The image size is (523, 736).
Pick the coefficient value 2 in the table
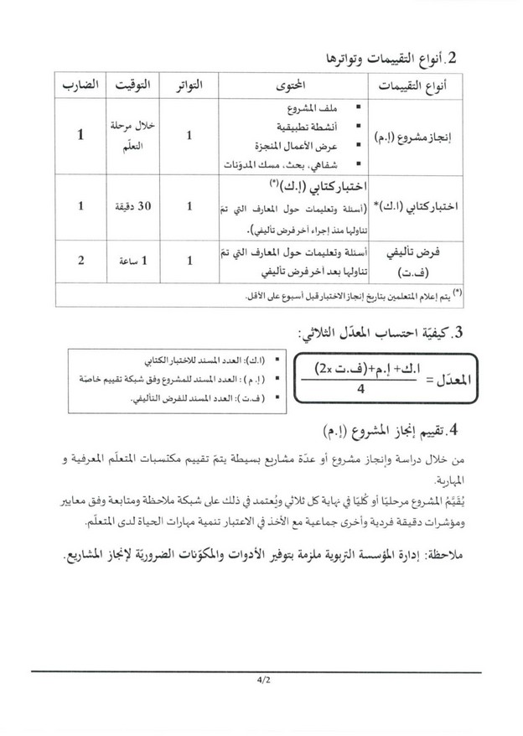point(80,261)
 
